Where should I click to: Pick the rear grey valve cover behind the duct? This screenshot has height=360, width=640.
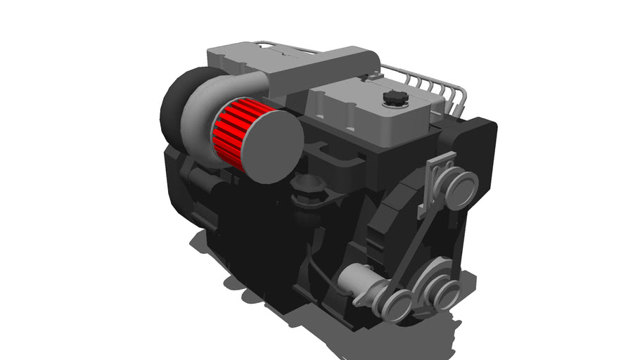[x=232, y=56]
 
